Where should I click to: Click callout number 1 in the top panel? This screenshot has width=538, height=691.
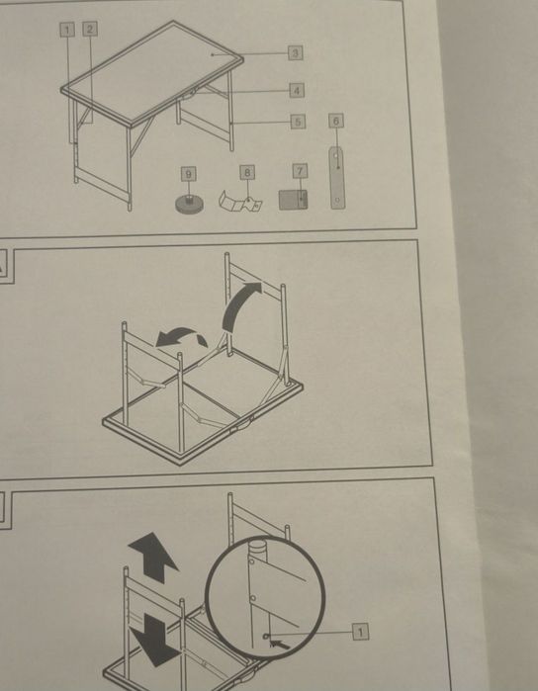point(67,30)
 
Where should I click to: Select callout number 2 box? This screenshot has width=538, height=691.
point(90,29)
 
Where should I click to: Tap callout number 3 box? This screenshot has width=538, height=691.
point(296,52)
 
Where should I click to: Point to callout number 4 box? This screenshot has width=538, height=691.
point(297,90)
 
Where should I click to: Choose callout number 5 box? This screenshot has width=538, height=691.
point(298,122)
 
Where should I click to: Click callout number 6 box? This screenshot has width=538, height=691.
point(336,121)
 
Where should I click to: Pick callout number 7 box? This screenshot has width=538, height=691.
point(301,171)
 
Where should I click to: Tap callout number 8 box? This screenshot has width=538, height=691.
point(247,173)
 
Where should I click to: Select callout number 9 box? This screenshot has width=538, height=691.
point(189,174)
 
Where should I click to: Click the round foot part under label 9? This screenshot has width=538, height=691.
point(189,204)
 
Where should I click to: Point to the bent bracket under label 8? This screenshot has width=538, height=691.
point(240,201)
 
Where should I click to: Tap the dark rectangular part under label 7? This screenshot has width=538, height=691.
point(294,200)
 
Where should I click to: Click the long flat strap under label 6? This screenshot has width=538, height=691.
point(337,178)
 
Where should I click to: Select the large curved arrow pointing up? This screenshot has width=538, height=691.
point(233,304)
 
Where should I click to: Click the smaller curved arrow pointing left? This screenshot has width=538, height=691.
point(181,336)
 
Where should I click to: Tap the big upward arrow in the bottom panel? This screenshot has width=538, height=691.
point(153,557)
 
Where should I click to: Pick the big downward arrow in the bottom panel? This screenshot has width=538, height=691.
point(155,640)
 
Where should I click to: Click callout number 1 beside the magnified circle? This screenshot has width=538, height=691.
point(360,632)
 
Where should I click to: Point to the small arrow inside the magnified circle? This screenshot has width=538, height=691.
point(281,644)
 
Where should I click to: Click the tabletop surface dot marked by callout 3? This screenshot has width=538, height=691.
point(213,54)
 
